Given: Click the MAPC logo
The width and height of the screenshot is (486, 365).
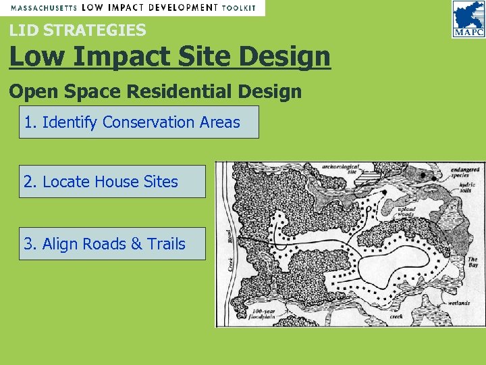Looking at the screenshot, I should point(468,20).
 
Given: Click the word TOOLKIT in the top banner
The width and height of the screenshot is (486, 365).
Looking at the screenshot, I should point(240,7).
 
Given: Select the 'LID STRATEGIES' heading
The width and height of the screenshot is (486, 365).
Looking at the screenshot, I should point(77,30).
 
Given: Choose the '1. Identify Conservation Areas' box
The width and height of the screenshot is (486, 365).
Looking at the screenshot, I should point(138,122).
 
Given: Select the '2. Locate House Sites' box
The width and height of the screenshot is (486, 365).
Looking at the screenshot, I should point(111,182).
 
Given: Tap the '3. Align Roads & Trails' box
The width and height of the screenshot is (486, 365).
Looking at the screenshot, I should point(111,244).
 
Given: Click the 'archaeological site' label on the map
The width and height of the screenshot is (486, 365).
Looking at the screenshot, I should point(341,168).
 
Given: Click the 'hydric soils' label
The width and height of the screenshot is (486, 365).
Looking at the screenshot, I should point(468,187).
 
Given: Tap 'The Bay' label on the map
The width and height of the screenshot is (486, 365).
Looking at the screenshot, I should point(473,262).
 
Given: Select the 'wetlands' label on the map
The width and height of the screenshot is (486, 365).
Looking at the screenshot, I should point(458,303).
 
